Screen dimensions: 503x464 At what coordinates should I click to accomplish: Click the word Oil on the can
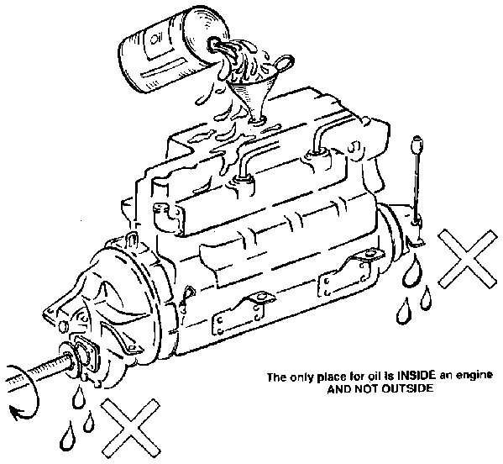[155, 40]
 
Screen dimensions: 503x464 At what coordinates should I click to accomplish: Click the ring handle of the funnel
[284, 62]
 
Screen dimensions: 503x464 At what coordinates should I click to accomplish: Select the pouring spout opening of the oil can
[212, 44]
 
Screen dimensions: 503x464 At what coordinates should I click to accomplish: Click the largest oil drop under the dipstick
[412, 272]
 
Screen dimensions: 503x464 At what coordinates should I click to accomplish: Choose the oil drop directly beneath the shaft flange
[78, 398]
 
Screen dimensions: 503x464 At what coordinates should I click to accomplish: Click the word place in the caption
[330, 377]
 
